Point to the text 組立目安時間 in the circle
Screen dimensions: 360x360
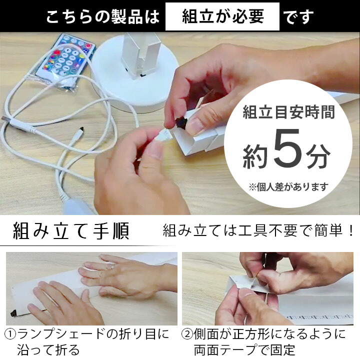click(288, 113)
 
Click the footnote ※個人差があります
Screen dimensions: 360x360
click(288, 187)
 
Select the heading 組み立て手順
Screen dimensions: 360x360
click(71, 231)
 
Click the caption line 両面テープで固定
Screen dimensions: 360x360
click(244, 349)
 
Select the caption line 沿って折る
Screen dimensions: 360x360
click(48, 349)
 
